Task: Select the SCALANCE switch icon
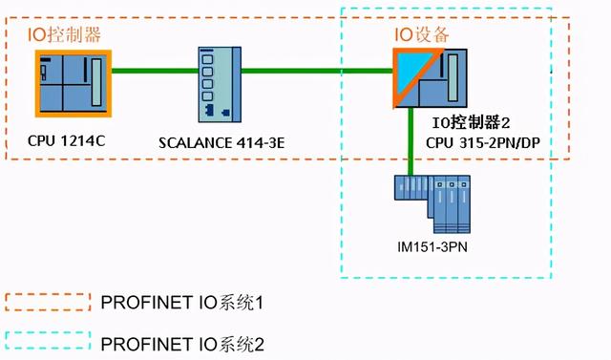point(216,85)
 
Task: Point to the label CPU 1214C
point(66,140)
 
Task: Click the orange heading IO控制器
point(68,35)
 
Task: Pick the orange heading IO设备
point(422,35)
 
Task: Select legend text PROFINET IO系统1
point(181,303)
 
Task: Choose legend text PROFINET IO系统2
point(181,342)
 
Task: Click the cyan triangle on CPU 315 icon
point(407,66)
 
